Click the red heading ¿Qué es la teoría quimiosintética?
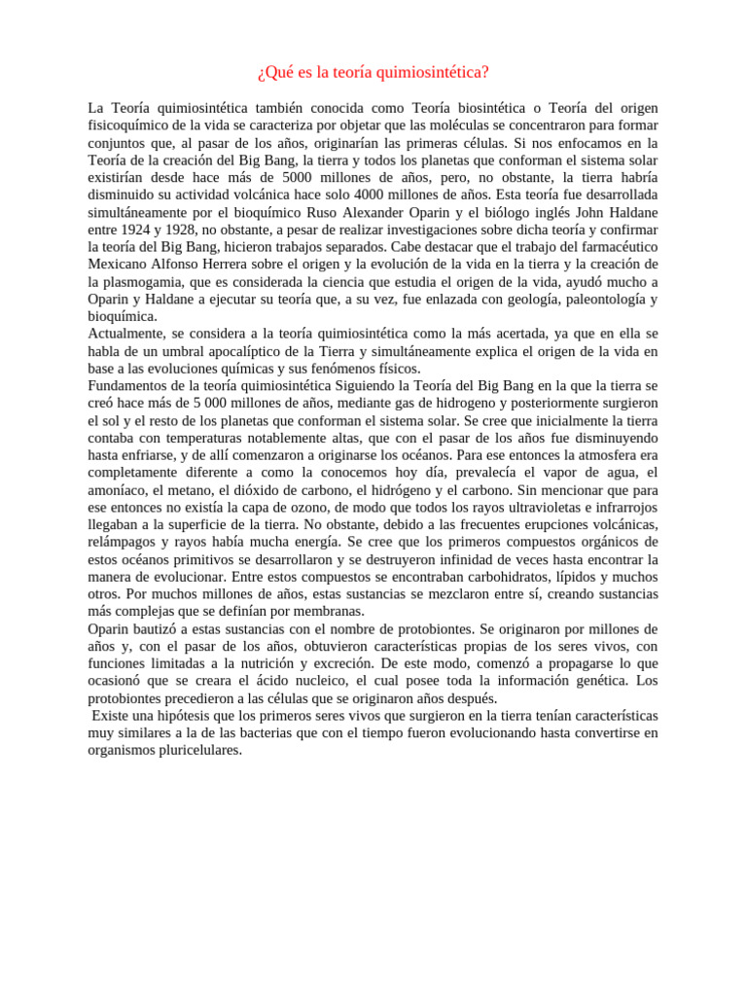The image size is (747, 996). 373,73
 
